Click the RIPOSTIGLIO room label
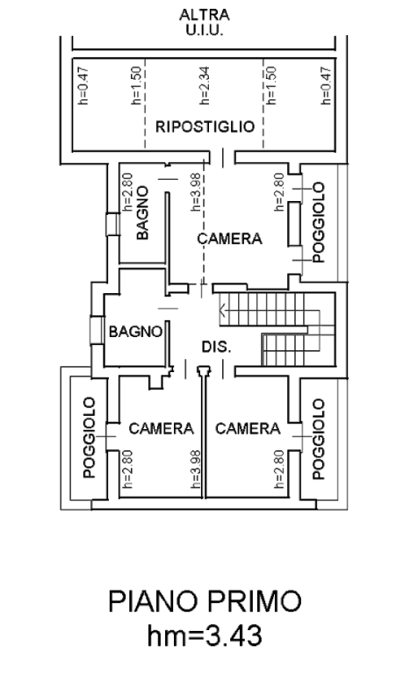[205, 126]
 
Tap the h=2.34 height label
[205, 85]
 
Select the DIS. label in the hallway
[217, 347]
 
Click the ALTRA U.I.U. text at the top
[205, 22]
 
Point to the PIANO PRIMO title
[205, 601]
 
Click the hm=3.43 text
[205, 635]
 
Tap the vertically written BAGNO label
[142, 212]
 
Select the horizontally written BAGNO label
[135, 332]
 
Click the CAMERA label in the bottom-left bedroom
[162, 428]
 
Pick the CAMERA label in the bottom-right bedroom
[248, 428]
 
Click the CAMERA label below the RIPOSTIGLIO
[230, 239]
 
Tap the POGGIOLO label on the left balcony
[89, 438]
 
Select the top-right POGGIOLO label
[318, 222]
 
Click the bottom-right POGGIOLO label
[318, 439]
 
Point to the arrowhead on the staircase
[222, 309]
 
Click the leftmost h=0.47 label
[83, 85]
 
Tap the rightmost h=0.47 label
[327, 85]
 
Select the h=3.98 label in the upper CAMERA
[195, 191]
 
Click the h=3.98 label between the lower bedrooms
[195, 469]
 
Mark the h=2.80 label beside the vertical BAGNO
[127, 191]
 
